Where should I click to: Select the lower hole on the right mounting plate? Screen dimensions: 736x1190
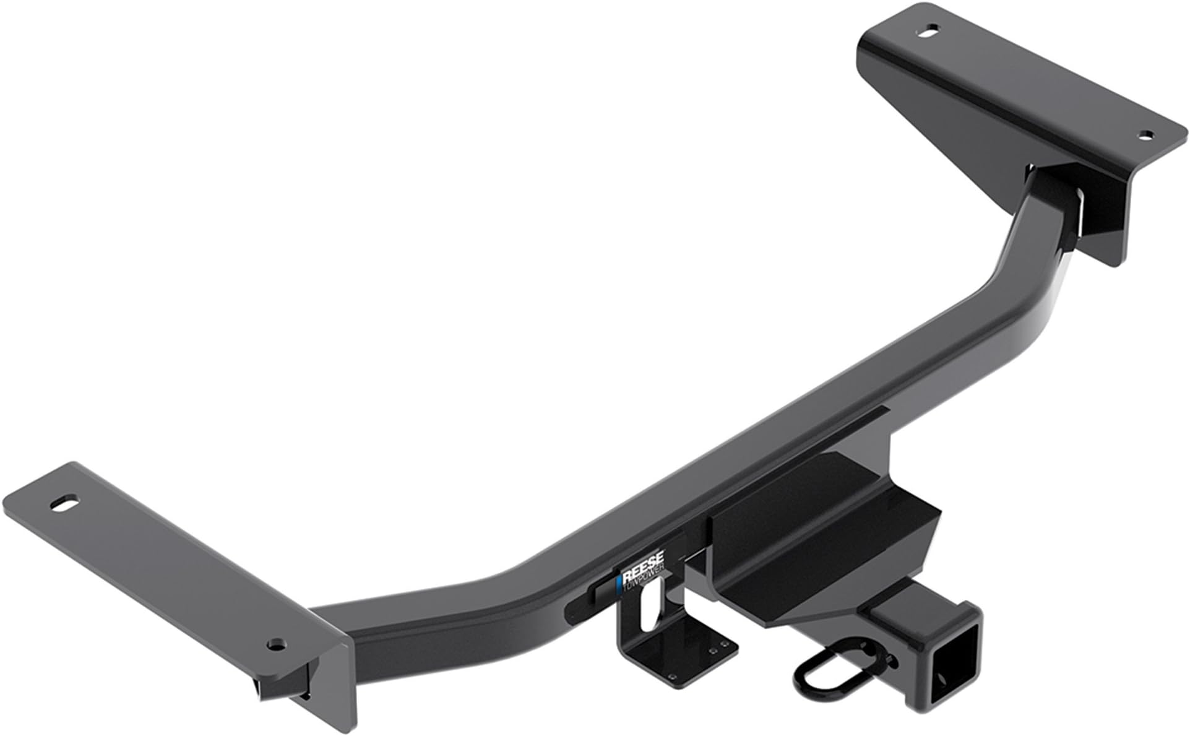click(x=1145, y=134)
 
